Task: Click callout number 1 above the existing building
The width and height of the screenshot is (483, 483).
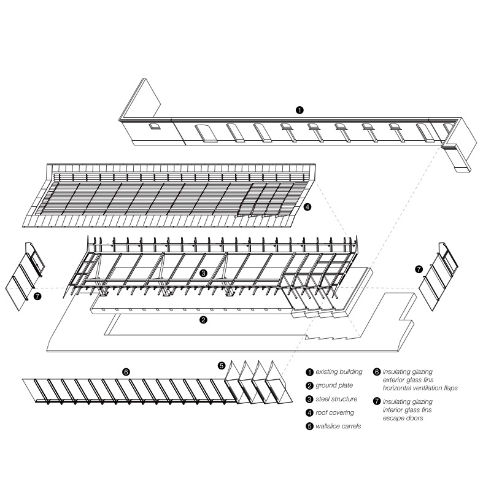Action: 299,110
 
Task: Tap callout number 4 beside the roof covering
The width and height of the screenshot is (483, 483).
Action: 307,207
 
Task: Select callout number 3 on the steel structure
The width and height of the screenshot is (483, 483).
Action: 203,273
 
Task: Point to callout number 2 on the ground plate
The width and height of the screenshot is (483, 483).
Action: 203,320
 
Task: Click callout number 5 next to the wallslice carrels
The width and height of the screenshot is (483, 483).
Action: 222,366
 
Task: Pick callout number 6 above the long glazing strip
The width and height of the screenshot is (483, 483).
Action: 126,372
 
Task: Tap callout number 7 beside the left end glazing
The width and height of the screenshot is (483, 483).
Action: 37,296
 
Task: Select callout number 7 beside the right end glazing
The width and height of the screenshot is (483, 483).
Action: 419,269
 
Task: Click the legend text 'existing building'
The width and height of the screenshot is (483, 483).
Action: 339,372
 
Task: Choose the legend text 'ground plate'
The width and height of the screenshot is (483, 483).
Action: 334,385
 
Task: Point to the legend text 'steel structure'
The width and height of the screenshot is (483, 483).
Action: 336,399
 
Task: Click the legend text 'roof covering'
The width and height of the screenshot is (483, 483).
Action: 335,412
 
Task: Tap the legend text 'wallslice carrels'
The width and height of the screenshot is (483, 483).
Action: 338,426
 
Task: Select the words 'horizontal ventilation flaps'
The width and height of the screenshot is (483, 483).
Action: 420,388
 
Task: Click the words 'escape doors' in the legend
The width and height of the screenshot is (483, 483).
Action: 403,418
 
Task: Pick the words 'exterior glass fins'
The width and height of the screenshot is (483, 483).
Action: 408,380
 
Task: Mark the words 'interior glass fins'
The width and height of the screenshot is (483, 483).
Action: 408,410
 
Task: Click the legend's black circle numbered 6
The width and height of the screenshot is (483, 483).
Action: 377,372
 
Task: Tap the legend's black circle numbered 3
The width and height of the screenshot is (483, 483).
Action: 309,399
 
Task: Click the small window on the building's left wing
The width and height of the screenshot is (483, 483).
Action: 154,126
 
